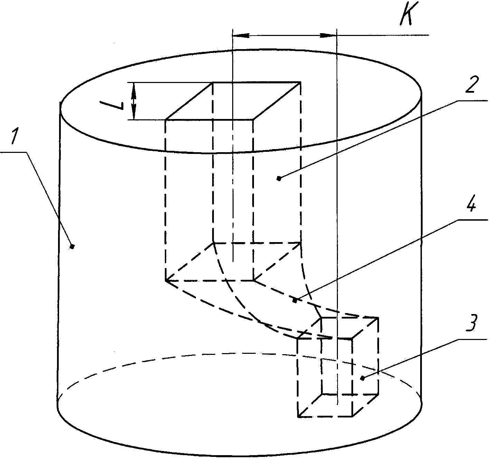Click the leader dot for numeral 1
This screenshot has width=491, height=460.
(72, 247)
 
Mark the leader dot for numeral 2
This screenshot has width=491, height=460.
(279, 178)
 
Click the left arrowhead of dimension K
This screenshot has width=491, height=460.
(241, 35)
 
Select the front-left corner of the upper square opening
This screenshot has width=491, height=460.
(166, 120)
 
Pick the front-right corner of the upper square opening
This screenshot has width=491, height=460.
(254, 120)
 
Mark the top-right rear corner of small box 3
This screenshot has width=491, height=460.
(378, 318)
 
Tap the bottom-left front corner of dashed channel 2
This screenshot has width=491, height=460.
(166, 280)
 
